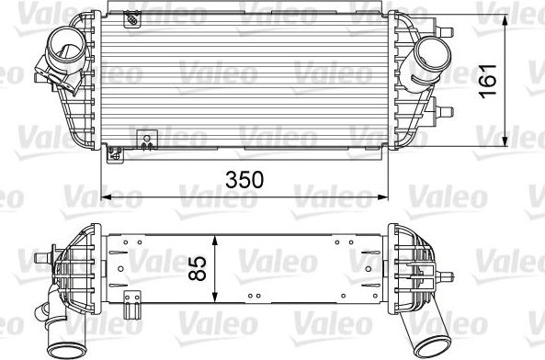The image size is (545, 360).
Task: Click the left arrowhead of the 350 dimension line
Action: pyautogui.click(x=103, y=197)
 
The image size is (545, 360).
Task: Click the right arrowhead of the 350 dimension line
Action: pyautogui.click(x=384, y=197)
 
